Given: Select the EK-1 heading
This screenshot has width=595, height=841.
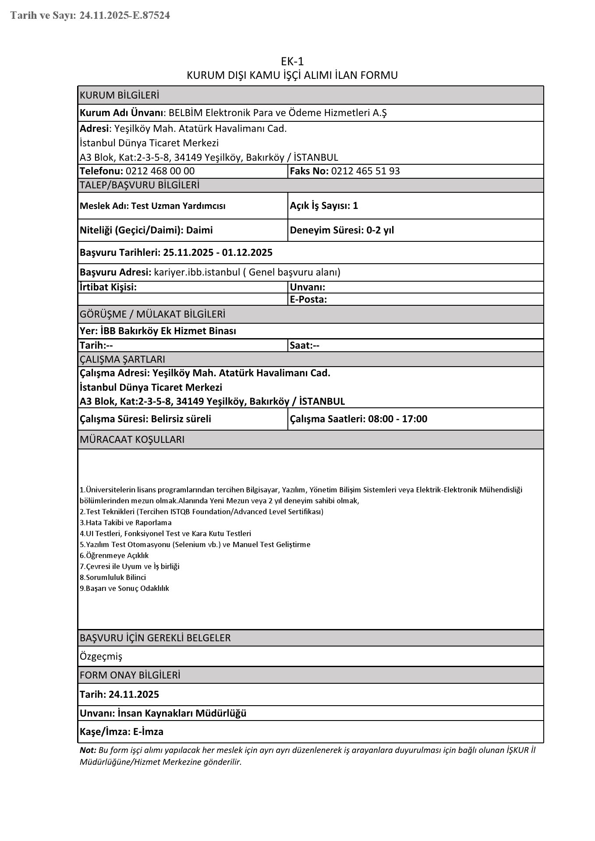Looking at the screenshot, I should point(292,61).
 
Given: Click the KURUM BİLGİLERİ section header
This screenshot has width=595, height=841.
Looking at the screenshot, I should point(120,95).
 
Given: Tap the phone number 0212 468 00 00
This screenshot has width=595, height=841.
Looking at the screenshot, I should point(160,171).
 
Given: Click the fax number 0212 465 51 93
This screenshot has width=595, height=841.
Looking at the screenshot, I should point(365,171).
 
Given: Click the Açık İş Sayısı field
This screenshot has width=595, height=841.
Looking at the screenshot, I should point(324,205).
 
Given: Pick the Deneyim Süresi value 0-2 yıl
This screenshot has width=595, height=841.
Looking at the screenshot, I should point(380,230).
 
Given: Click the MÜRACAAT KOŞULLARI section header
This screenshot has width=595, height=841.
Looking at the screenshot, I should point(132,440).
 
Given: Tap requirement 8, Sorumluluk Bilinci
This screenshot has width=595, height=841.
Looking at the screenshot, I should point(113,577).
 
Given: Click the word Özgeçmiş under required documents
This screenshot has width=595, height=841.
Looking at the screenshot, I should point(101,657).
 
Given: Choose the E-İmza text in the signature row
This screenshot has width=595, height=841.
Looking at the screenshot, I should point(149,732).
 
